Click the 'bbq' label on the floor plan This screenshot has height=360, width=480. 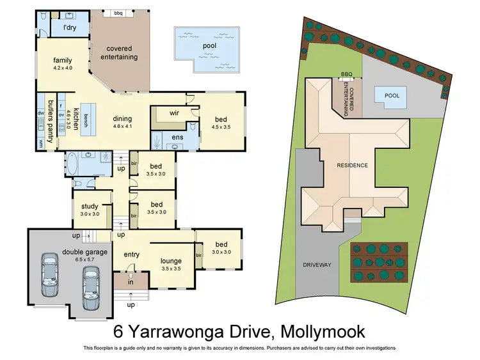[118, 13]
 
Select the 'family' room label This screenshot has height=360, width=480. [62, 60]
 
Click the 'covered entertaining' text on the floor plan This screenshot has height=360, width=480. [122, 52]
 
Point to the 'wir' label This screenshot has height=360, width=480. [173, 113]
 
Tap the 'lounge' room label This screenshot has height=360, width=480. [171, 260]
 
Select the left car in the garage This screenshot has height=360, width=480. [49, 275]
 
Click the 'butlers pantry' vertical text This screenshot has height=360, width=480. [49, 120]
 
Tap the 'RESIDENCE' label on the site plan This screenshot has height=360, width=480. [353, 165]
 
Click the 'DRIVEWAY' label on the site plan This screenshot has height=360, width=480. [317, 265]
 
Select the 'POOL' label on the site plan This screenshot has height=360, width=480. [392, 96]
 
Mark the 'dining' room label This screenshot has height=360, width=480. [122, 118]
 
